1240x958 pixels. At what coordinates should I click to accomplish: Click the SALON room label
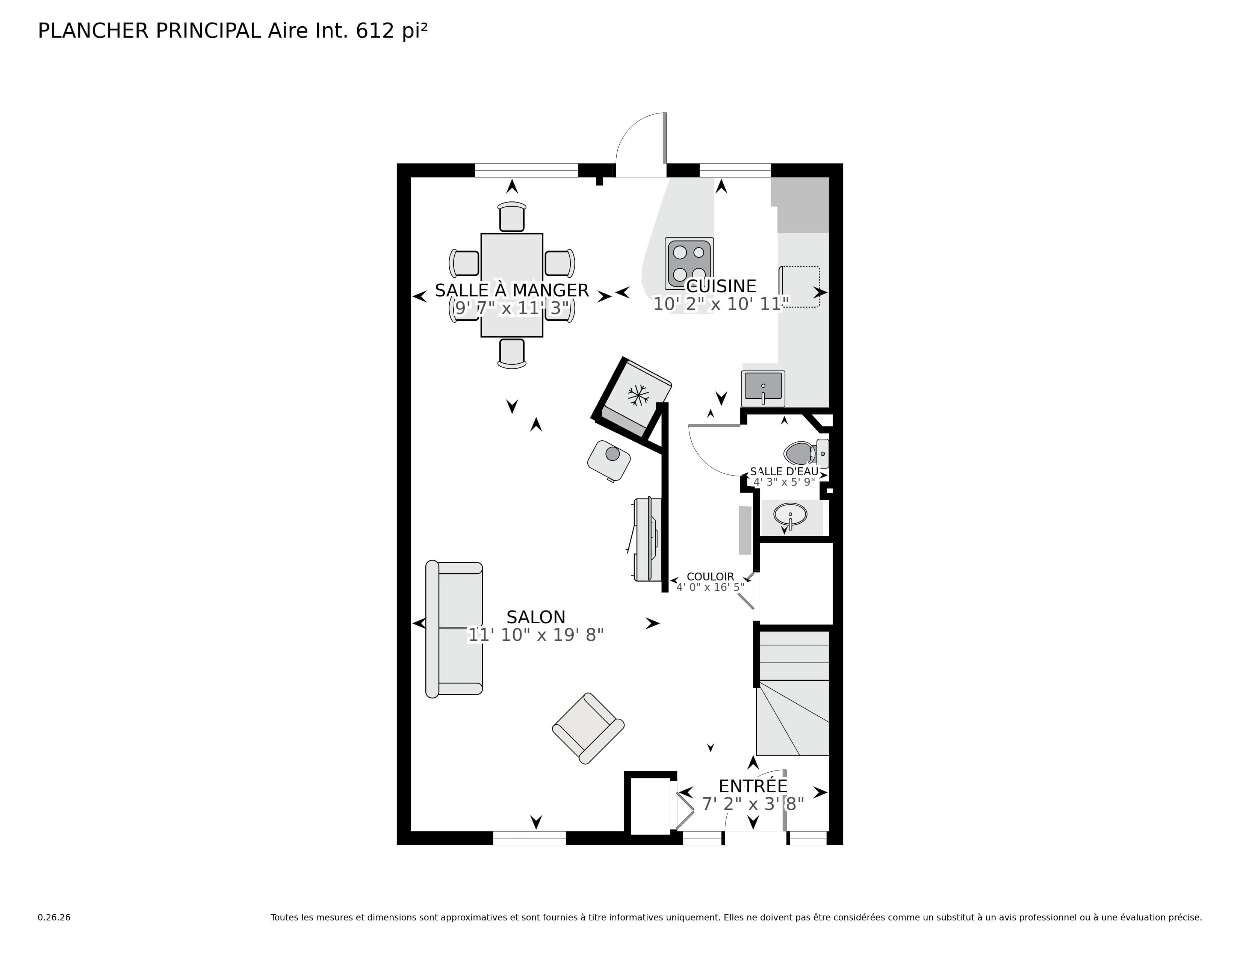coord(535,617)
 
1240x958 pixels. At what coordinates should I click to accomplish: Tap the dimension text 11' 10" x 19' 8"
coord(535,635)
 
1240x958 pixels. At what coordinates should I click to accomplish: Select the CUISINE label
coord(721,286)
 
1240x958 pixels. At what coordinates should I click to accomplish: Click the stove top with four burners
coord(689,263)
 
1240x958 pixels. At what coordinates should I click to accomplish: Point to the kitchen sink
coord(763,388)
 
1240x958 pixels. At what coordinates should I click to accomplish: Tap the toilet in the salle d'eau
coord(800,453)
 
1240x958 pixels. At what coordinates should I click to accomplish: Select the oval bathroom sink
coord(790,515)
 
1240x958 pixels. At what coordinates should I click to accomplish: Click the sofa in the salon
coord(454,628)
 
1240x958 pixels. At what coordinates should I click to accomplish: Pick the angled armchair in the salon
coord(588,728)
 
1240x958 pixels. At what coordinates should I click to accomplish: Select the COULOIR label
coord(710,577)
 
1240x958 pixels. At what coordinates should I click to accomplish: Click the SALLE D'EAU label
coord(784,471)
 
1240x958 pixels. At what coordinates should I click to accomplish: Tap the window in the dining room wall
coord(526,170)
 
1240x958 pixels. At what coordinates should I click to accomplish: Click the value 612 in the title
coord(375,31)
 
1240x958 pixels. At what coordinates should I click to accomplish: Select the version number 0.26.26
coord(54,917)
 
